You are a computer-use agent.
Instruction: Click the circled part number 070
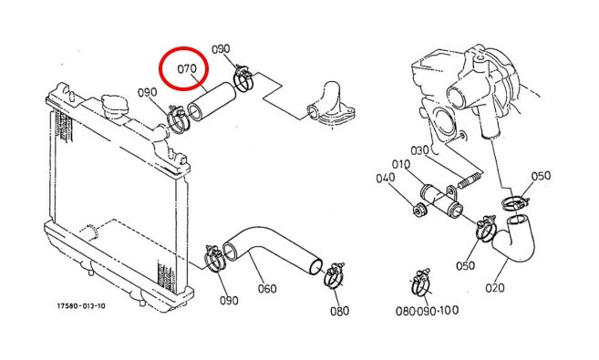[187, 69]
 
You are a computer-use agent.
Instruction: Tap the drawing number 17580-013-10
[81, 306]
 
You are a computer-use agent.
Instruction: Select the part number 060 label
[267, 288]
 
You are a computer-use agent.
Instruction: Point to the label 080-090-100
[427, 311]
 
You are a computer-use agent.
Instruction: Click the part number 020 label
[495, 287]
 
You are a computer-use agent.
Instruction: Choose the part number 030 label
[419, 150]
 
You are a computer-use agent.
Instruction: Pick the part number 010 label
[401, 165]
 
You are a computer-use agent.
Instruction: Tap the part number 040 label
[386, 179]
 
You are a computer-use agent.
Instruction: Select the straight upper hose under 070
[212, 102]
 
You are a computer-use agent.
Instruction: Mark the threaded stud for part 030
[469, 180]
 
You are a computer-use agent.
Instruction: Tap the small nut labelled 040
[419, 210]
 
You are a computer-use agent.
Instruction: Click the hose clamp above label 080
[334, 275]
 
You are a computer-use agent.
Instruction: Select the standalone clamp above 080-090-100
[421, 283]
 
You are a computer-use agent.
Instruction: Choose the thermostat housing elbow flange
[330, 106]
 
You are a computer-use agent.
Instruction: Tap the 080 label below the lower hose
[339, 311]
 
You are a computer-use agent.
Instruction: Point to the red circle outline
[160, 68]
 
